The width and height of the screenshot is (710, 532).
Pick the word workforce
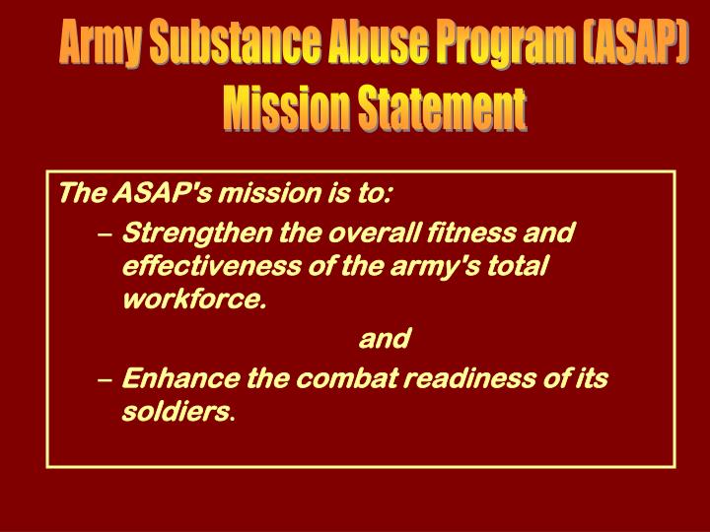point(192,299)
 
